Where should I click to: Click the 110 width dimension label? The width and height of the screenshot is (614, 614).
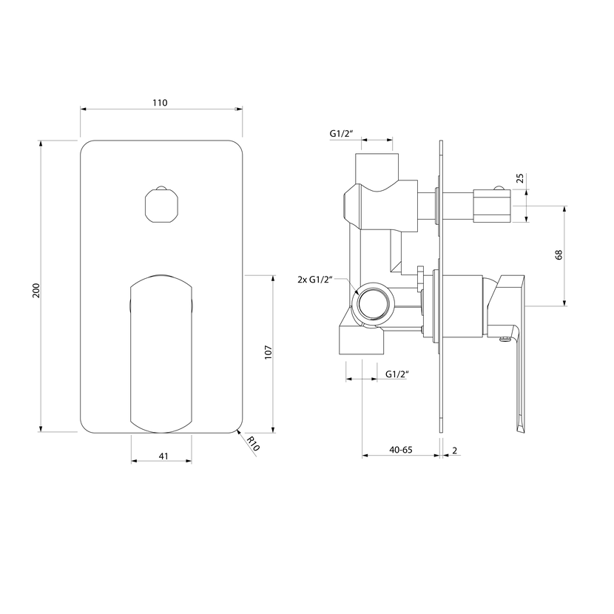pyautogui.click(x=160, y=103)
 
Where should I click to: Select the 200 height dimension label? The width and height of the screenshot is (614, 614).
pyautogui.click(x=36, y=290)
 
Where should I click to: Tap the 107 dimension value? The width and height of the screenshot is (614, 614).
pyautogui.click(x=269, y=352)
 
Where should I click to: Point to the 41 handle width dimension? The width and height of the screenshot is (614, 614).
pyautogui.click(x=163, y=456)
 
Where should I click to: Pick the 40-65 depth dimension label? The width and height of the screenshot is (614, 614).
pyautogui.click(x=401, y=450)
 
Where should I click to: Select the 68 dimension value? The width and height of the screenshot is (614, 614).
pyautogui.click(x=559, y=254)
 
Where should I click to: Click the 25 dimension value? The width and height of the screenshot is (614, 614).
pyautogui.click(x=519, y=178)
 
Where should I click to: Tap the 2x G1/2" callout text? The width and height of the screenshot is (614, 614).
pyautogui.click(x=315, y=280)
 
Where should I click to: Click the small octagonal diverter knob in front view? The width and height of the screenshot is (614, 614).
pyautogui.click(x=161, y=205)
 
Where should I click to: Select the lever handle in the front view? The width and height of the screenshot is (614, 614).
pyautogui.click(x=161, y=354)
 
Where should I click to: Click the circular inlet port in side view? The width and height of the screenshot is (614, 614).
pyautogui.click(x=373, y=305)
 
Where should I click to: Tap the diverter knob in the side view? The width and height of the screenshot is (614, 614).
pyautogui.click(x=492, y=205)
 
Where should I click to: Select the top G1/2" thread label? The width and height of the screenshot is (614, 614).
pyautogui.click(x=341, y=134)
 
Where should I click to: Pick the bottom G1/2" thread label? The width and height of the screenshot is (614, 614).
pyautogui.click(x=397, y=374)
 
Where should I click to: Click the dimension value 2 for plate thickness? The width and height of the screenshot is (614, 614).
pyautogui.click(x=455, y=451)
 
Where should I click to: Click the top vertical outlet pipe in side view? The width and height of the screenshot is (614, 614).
pyautogui.click(x=377, y=169)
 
